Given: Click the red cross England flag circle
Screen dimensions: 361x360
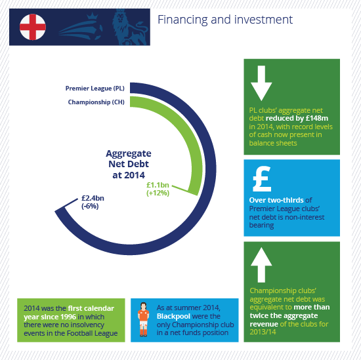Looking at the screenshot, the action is (x=33, y=27).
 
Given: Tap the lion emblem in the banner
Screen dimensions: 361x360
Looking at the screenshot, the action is (x=129, y=27).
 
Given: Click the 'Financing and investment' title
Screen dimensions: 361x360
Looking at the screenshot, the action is (x=225, y=20).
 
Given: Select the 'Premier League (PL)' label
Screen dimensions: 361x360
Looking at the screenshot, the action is (x=95, y=89).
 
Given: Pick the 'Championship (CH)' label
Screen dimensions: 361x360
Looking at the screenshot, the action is (x=96, y=102).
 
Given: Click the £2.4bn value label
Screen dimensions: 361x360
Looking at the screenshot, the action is (x=93, y=198).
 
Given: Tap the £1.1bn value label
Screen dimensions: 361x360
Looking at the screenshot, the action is (x=158, y=185).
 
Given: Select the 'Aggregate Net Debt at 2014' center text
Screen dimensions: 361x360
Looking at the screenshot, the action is (x=129, y=164).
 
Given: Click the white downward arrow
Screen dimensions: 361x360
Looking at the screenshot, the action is (x=261, y=83).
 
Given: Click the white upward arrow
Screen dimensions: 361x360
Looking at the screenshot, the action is (x=261, y=265).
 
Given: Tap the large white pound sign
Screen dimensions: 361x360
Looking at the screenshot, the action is (x=262, y=179).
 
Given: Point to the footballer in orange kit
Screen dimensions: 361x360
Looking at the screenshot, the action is (x=144, y=319).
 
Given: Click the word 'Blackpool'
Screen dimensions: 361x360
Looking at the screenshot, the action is (x=173, y=316).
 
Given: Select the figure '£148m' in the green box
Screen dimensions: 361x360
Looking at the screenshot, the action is (x=316, y=118).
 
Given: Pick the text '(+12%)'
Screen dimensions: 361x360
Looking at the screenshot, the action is (x=158, y=193).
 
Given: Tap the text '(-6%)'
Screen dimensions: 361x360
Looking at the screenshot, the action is (x=90, y=206).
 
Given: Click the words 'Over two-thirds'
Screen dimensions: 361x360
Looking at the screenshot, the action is (x=276, y=200).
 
